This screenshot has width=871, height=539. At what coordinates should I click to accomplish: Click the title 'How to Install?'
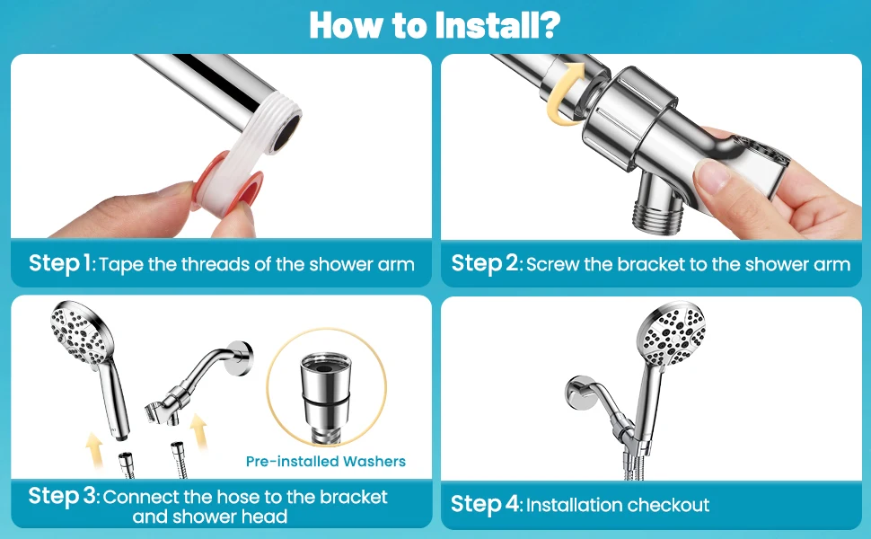[x=435, y=25]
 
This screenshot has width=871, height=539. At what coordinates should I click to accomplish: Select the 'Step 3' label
[x=62, y=496]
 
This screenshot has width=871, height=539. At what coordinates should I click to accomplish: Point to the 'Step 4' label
[x=484, y=505]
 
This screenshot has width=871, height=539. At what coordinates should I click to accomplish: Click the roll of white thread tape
[x=228, y=185]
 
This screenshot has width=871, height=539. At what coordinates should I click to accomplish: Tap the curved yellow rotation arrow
[x=564, y=93]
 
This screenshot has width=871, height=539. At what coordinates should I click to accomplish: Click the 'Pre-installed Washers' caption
[x=326, y=461]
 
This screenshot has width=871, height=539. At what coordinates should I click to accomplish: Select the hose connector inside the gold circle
[x=326, y=395]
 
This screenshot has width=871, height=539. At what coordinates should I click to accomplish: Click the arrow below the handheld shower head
[x=94, y=451]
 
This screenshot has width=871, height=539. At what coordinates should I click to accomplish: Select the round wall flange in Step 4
[x=579, y=395]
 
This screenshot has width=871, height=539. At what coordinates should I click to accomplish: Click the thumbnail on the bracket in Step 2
[x=711, y=175]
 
